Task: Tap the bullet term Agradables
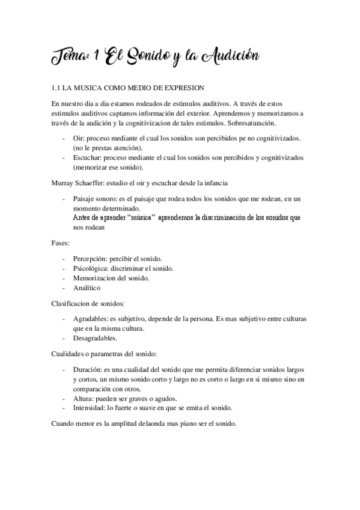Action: pos(93,319)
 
